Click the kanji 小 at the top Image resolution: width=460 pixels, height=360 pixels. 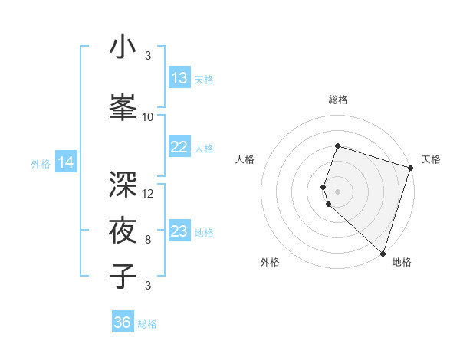[x=123, y=47]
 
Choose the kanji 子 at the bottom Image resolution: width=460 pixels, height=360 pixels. [x=123, y=276]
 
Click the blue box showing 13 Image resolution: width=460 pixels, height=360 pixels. [x=179, y=78]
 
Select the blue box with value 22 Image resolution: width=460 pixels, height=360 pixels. [x=179, y=148]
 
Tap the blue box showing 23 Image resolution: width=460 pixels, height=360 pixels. [x=179, y=231]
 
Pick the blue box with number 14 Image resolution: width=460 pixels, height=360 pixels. [x=66, y=162]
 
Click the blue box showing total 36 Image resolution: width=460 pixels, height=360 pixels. [x=123, y=322]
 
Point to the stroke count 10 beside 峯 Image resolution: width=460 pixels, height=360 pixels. [x=148, y=117]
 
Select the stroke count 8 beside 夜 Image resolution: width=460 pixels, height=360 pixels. [x=148, y=240]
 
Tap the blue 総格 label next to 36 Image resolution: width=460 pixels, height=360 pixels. [x=147, y=324]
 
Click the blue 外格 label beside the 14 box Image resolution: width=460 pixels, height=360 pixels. [x=40, y=163]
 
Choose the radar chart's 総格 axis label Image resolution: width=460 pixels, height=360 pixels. [x=337, y=100]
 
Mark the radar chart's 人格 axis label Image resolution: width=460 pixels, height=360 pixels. [x=245, y=159]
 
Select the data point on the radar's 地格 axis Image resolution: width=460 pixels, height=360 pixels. [x=383, y=253]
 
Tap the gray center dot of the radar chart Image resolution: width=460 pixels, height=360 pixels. [x=337, y=191]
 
